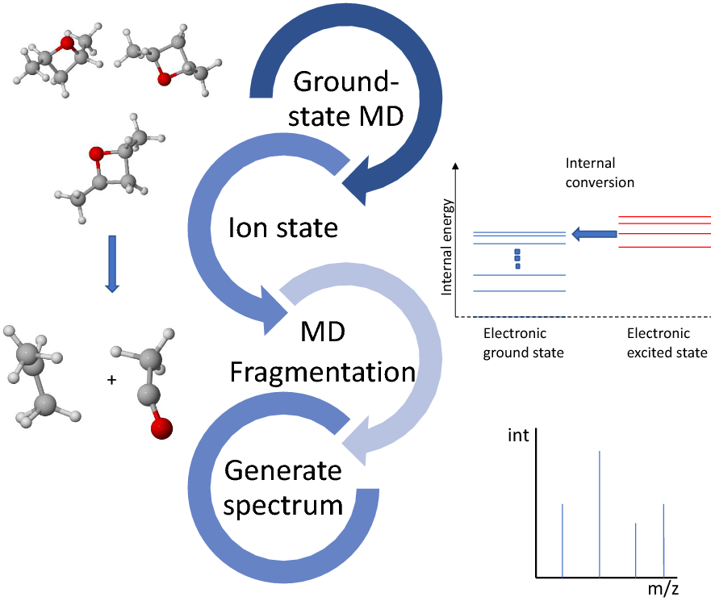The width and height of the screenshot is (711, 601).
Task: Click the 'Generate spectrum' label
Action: coord(284,487)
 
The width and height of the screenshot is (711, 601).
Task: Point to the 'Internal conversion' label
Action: coord(600,173)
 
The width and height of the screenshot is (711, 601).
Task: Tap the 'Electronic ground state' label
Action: coord(515,343)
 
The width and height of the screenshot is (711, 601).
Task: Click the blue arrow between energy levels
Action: coord(594,234)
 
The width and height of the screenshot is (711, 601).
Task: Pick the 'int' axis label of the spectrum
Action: coord(519,436)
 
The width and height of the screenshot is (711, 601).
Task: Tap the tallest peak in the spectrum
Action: coord(600,514)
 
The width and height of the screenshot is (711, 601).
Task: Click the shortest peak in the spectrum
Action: coord(636,549)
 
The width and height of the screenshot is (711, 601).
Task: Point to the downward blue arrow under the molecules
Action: coord(112,263)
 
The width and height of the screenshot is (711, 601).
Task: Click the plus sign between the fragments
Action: coord(111,377)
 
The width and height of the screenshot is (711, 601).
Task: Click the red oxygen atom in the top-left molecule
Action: coord(67,43)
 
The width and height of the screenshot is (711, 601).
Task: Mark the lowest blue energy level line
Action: coord(520,291)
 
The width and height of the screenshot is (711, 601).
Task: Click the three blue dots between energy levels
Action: coord(518,258)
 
